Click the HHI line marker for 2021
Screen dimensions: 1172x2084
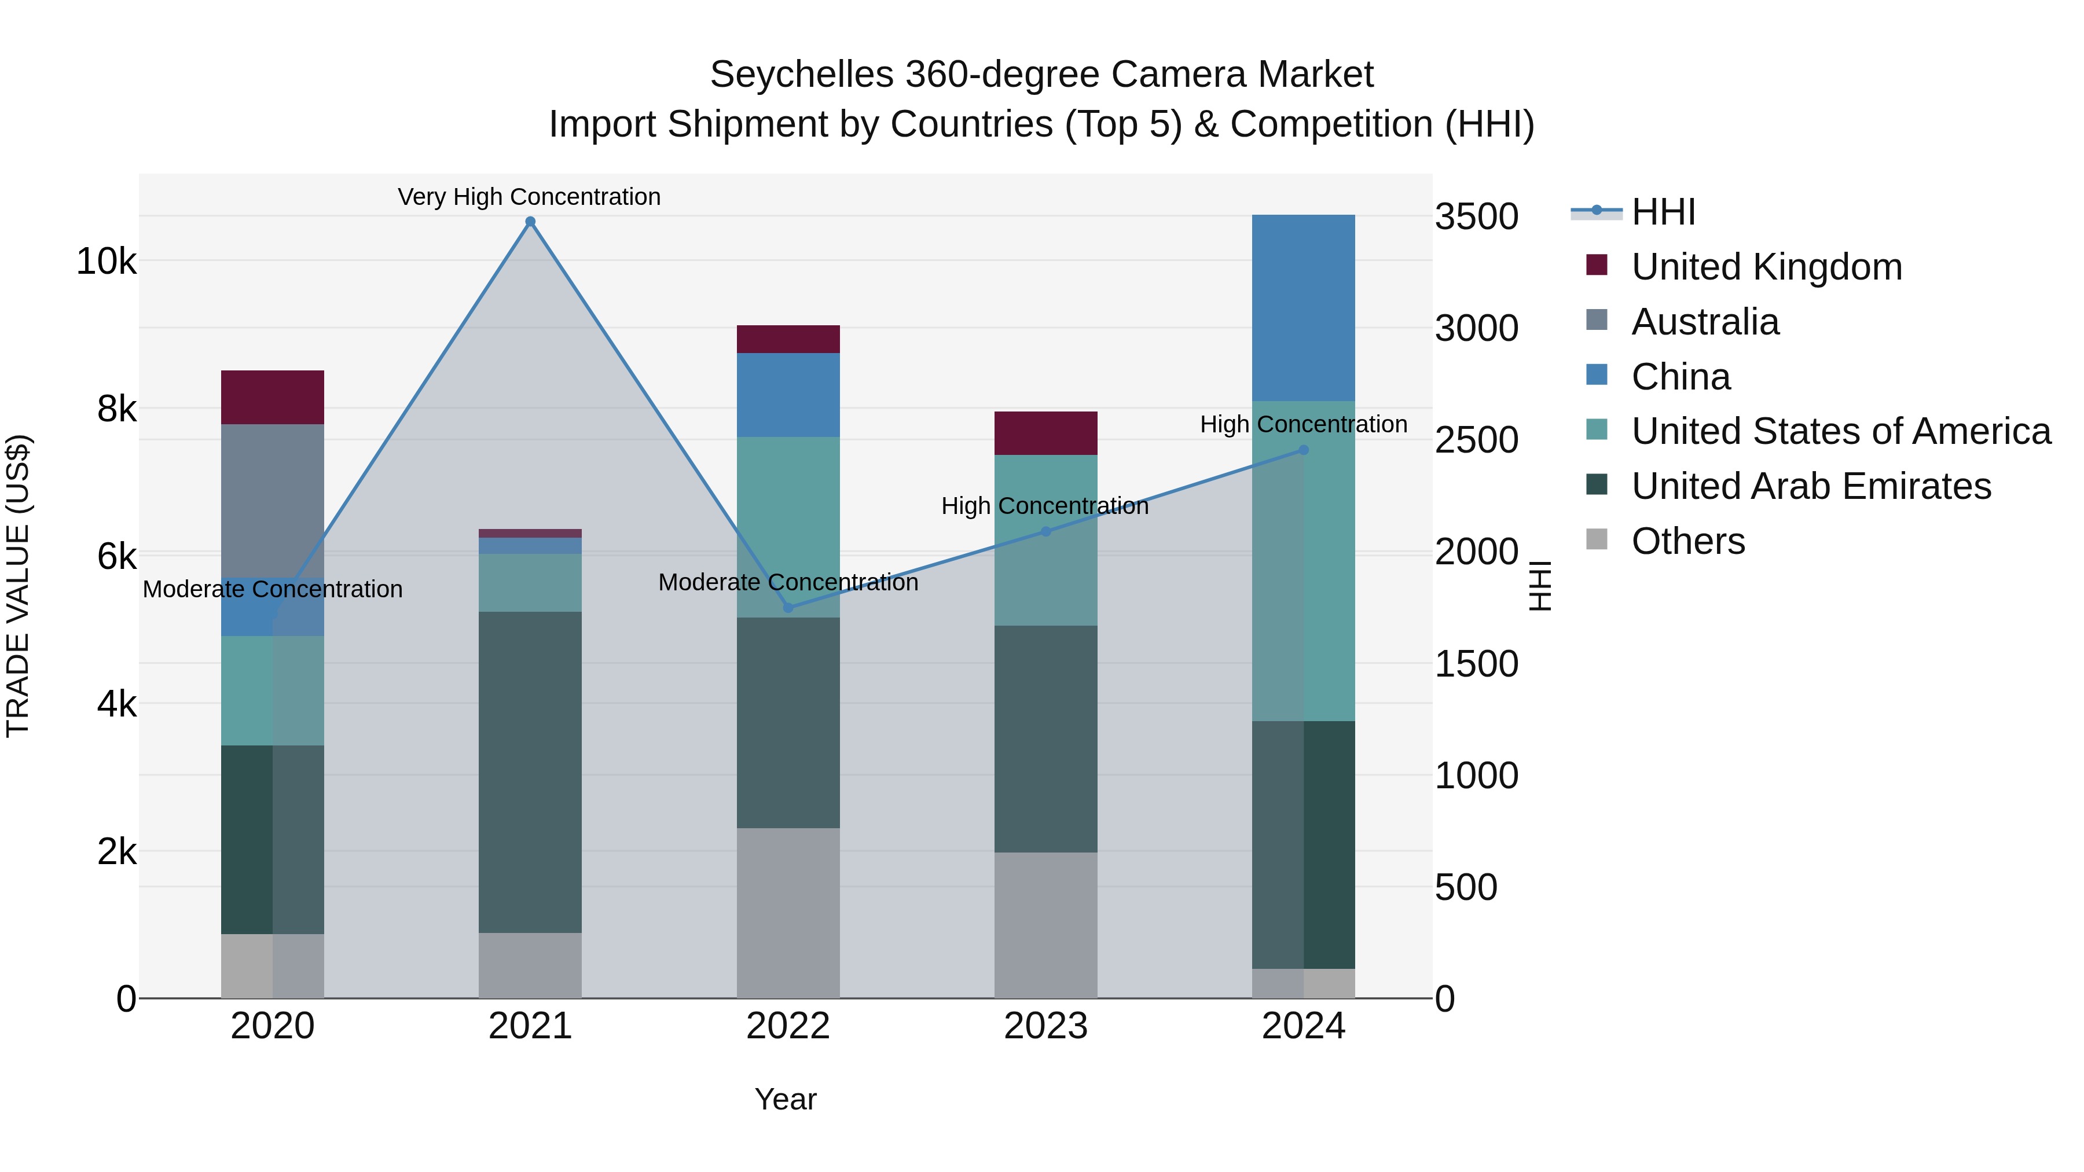pyautogui.click(x=530, y=222)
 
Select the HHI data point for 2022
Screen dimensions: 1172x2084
pyautogui.click(x=788, y=608)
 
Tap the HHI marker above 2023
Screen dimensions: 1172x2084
pyautogui.click(x=1045, y=531)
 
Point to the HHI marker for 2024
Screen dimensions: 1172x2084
pyautogui.click(x=1302, y=450)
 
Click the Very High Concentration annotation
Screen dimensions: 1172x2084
pyautogui.click(x=529, y=197)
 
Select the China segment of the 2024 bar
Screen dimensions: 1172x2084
pyautogui.click(x=1302, y=307)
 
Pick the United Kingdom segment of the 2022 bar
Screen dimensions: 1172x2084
pyautogui.click(x=788, y=339)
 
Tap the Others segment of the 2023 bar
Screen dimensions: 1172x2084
pyautogui.click(x=1045, y=924)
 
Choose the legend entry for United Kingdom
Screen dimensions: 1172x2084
pyautogui.click(x=1766, y=267)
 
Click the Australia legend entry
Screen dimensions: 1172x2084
pyautogui.click(x=1705, y=322)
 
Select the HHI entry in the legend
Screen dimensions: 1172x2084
pyautogui.click(x=1663, y=212)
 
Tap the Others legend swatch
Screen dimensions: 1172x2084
pyautogui.click(x=1597, y=539)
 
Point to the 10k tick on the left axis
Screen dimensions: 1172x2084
pyautogui.click(x=106, y=261)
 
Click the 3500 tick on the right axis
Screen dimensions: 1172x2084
pyautogui.click(x=1476, y=217)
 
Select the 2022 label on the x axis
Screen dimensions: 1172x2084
pyautogui.click(x=788, y=1026)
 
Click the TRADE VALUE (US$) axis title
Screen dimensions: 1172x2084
pyautogui.click(x=18, y=586)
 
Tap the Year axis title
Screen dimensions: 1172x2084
pyautogui.click(x=785, y=1099)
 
